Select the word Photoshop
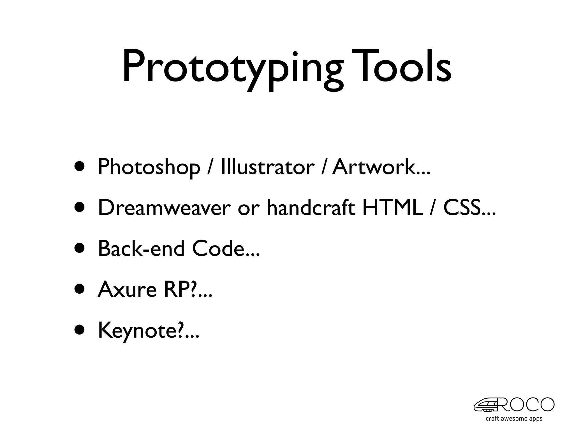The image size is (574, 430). [x=149, y=167]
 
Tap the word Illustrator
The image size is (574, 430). [x=267, y=167]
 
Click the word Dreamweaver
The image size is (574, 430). [x=164, y=208]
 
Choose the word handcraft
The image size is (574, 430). [x=311, y=208]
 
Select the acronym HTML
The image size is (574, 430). [x=392, y=208]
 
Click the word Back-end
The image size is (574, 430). [x=141, y=249]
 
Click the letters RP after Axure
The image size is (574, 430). [x=177, y=289]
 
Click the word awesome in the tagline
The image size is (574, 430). [x=514, y=419]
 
